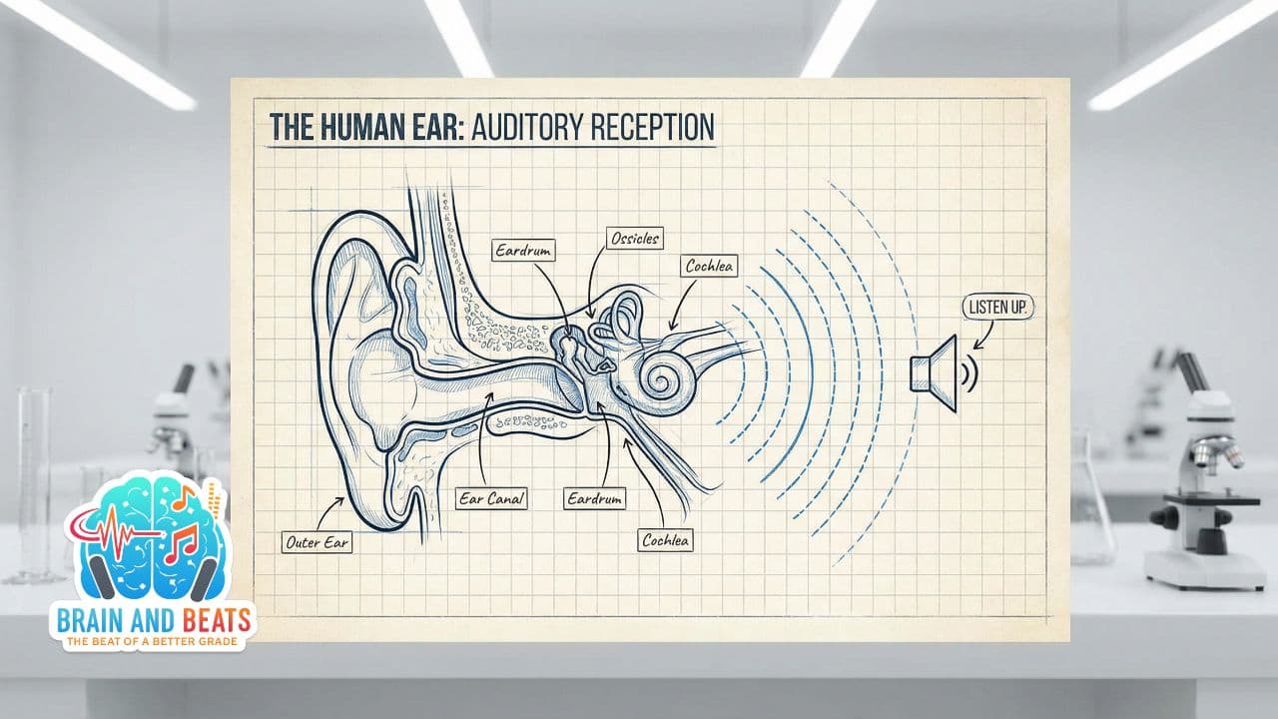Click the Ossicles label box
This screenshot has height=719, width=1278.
635,239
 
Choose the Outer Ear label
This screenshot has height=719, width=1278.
317,543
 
